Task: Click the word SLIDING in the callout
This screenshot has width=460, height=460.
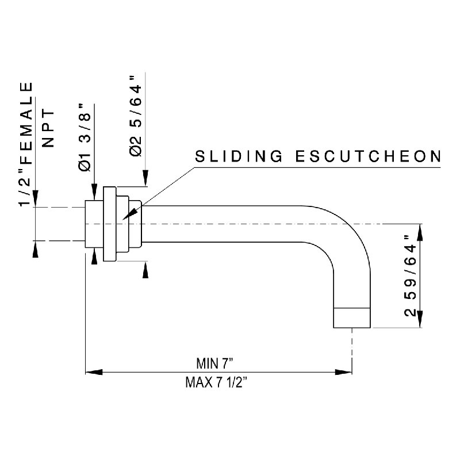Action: click(239, 156)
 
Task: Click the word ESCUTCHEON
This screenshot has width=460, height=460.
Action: click(368, 156)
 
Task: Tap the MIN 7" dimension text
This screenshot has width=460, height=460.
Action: click(214, 363)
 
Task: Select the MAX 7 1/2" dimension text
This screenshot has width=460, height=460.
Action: click(216, 382)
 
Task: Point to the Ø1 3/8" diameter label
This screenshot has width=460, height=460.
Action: click(85, 137)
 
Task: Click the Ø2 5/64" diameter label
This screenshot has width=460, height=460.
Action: click(135, 116)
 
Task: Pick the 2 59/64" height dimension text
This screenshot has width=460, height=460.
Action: click(410, 276)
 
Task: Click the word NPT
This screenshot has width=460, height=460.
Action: click(48, 128)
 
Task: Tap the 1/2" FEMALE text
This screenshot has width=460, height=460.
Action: click(26, 144)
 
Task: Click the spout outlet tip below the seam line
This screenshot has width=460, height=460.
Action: click(352, 318)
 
